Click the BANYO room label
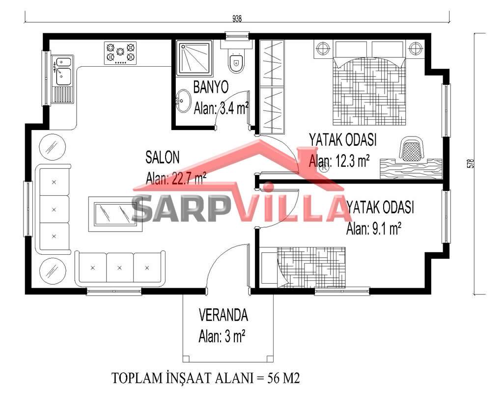[x=211, y=87]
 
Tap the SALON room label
[x=162, y=158]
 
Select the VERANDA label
[x=224, y=315]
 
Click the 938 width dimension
[x=237, y=19]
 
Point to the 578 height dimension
[x=471, y=163]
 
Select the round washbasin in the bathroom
[x=183, y=101]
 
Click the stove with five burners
[x=120, y=53]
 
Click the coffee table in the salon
[x=115, y=214]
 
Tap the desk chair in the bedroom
[x=411, y=148]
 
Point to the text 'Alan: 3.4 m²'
[x=222, y=108]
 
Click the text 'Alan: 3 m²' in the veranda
[x=222, y=337]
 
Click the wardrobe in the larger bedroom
[x=272, y=87]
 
